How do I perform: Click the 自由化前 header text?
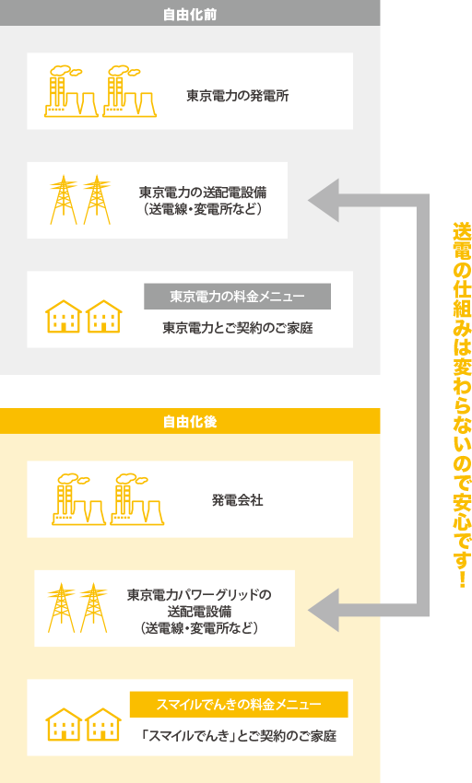pyautogui.click(x=190, y=15)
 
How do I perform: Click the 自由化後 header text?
pyautogui.click(x=190, y=422)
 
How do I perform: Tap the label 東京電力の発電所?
pyautogui.click(x=238, y=96)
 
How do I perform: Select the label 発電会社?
pyautogui.click(x=238, y=500)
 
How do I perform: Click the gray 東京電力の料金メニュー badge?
pyautogui.click(x=238, y=297)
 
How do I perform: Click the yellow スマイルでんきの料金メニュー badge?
pyautogui.click(x=239, y=705)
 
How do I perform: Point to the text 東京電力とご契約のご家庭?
pyautogui.click(x=238, y=328)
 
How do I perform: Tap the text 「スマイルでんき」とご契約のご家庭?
pyautogui.click(x=239, y=736)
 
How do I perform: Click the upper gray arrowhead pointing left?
pyautogui.click(x=324, y=200)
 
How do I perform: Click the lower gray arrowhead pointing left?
pyautogui.click(x=324, y=610)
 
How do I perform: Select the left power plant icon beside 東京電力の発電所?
pyautogui.click(x=71, y=91)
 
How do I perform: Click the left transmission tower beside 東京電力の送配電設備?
pyautogui.click(x=64, y=200)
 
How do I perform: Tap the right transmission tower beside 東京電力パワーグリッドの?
pyautogui.click(x=93, y=608)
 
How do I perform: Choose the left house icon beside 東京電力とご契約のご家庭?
pyautogui.click(x=64, y=317)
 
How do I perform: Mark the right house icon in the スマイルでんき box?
pyautogui.click(x=103, y=725)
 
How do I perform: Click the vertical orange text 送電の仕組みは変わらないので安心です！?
pyautogui.click(x=462, y=404)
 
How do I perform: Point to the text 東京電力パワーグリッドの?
pyautogui.click(x=199, y=595)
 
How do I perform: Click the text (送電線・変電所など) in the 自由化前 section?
pyautogui.click(x=203, y=209)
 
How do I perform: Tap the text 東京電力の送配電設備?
pyautogui.click(x=203, y=193)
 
